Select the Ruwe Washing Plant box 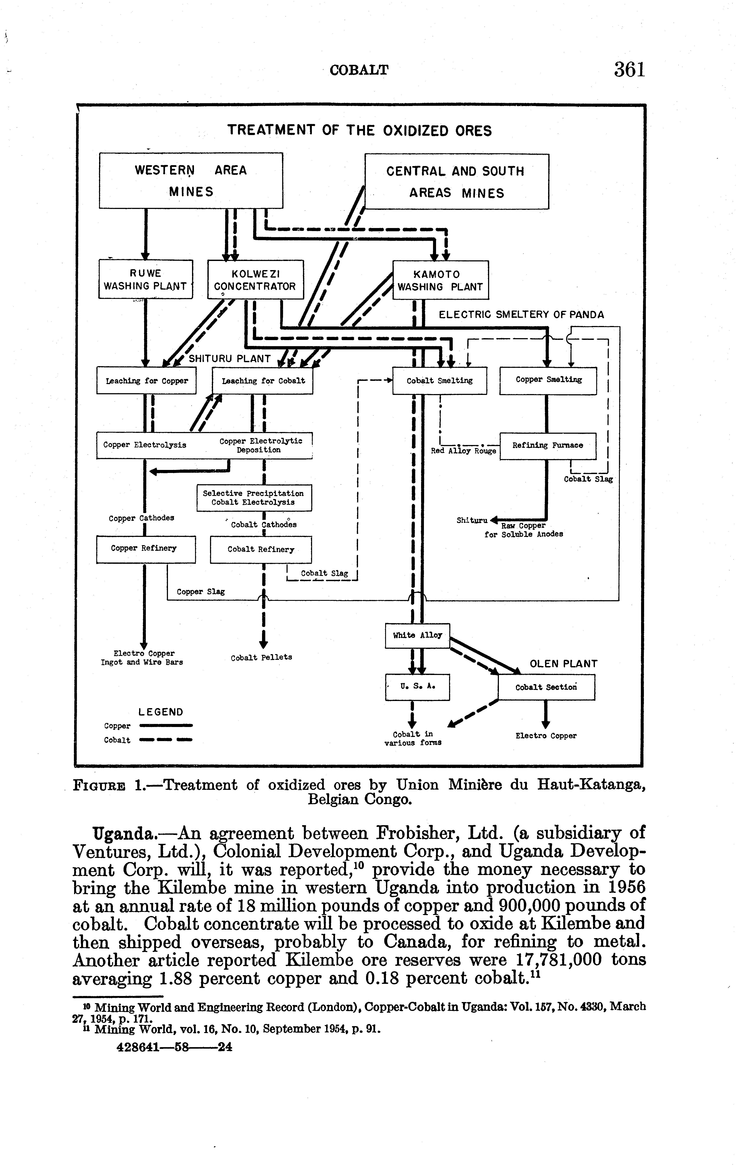[145, 280]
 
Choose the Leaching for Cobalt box [263, 381]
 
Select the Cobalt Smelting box [440, 381]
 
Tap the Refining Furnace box [547, 445]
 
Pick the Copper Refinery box [145, 549]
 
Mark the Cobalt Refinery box [261, 549]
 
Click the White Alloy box [417, 635]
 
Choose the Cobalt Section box [546, 687]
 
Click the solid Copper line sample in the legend [166, 725]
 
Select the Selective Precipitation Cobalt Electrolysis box [254, 498]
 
